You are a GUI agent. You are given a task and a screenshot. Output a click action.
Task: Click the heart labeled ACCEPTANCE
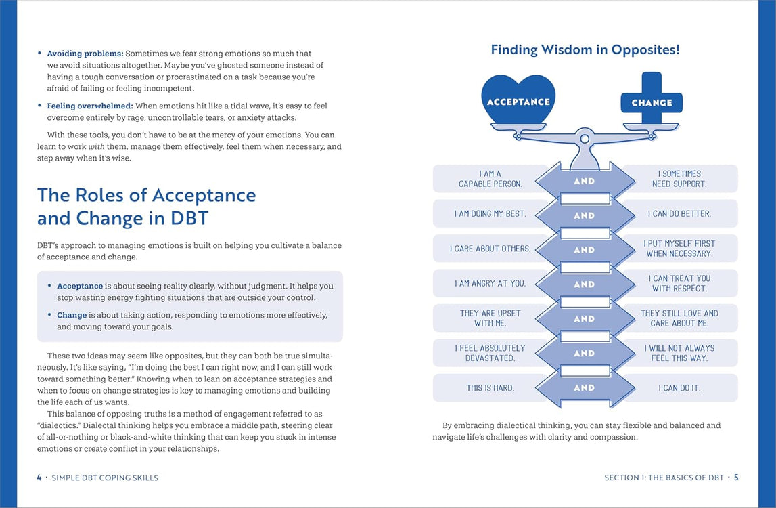pyautogui.click(x=518, y=99)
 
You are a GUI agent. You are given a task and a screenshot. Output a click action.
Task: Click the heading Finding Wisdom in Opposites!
pyautogui.click(x=585, y=50)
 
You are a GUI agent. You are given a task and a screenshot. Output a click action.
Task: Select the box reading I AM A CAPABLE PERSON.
pyautogui.click(x=490, y=179)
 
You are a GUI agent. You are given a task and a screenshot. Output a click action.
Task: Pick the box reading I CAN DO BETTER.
pyautogui.click(x=679, y=213)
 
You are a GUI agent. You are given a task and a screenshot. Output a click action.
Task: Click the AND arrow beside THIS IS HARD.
pyautogui.click(x=585, y=388)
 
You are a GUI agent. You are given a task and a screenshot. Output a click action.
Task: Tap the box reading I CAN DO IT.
pyautogui.click(x=679, y=388)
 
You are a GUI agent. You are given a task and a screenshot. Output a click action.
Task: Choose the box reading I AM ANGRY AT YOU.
pyautogui.click(x=490, y=284)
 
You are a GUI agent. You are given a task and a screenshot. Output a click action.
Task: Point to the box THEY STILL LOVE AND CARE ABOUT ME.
pyautogui.click(x=679, y=318)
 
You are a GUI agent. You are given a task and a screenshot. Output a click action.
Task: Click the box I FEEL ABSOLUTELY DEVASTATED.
pyautogui.click(x=490, y=353)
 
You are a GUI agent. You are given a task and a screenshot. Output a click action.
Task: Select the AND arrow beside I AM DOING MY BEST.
pyautogui.click(x=585, y=215)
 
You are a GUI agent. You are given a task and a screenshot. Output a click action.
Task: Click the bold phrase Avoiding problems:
pyautogui.click(x=85, y=54)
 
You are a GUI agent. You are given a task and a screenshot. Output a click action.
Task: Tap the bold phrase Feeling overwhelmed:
pyautogui.click(x=90, y=106)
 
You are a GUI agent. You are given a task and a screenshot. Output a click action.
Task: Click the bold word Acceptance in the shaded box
pyautogui.click(x=80, y=286)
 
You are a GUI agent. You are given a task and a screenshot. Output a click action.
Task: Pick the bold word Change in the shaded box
pyautogui.click(x=72, y=315)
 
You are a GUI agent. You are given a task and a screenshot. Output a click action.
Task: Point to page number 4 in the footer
pyautogui.click(x=39, y=478)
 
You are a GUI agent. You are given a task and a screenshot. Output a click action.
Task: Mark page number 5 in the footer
pyautogui.click(x=736, y=478)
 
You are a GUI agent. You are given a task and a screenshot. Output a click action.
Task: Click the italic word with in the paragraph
pyautogui.click(x=96, y=147)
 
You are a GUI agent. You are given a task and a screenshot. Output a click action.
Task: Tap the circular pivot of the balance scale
pyautogui.click(x=585, y=138)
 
